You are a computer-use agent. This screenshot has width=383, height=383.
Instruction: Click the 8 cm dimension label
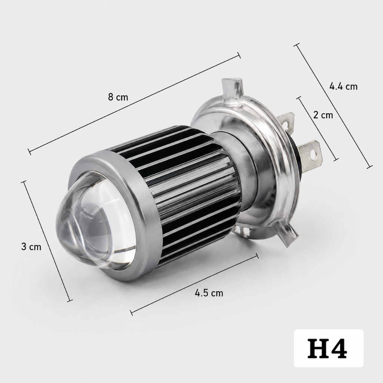118,97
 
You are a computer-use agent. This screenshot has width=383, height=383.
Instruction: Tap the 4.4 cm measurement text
343,86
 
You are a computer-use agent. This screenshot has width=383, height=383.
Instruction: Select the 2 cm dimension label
323,115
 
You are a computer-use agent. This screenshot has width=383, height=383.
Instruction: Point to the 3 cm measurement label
31,247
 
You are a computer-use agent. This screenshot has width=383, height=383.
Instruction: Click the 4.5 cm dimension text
209,293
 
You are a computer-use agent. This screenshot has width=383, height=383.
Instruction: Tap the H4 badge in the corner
328,348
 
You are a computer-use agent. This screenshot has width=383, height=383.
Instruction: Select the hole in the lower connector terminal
314,153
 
